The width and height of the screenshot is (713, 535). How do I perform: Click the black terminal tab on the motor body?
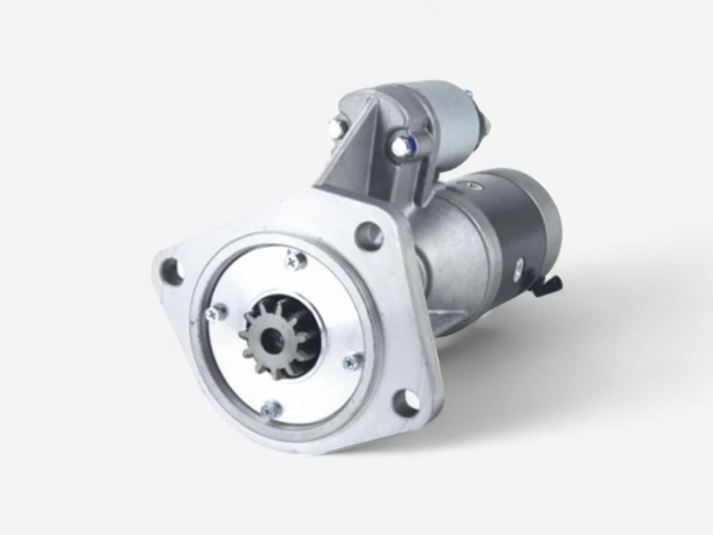pos(553,282)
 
